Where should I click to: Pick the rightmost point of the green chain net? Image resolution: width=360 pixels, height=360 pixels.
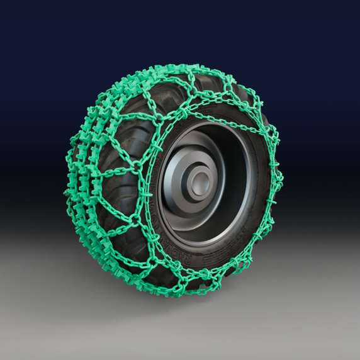tap(281, 183)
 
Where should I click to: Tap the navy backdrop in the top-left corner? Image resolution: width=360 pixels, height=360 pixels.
tap(25, 25)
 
